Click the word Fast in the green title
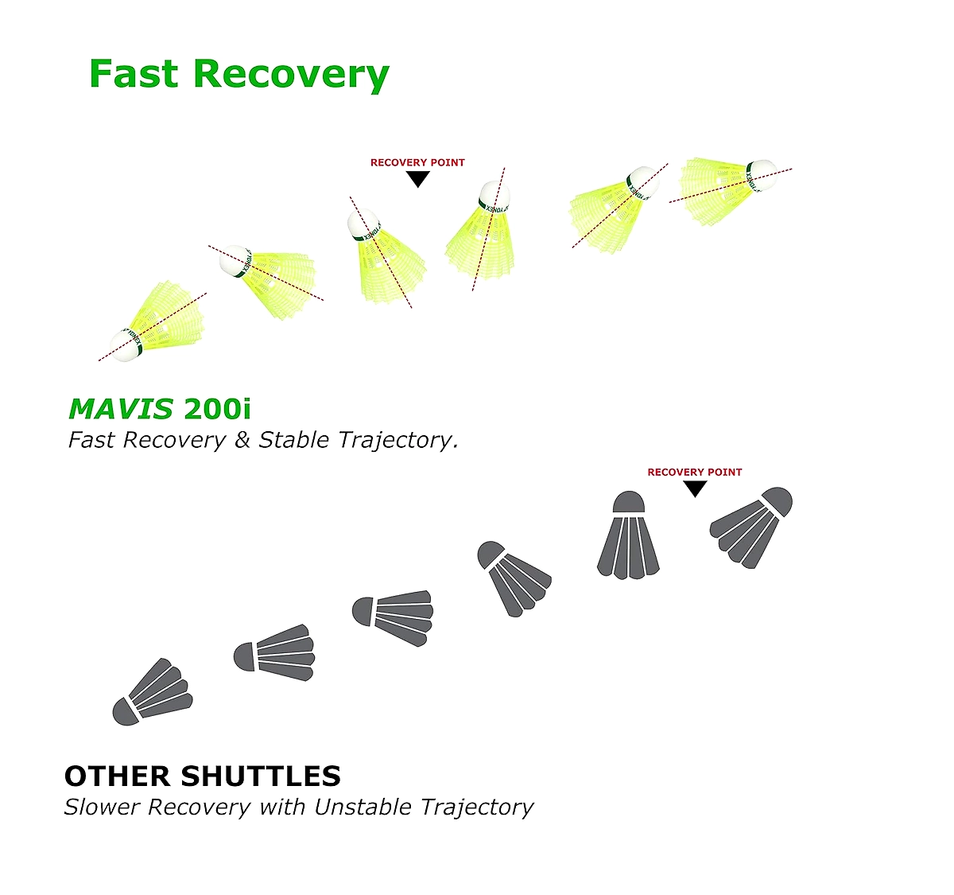click(134, 73)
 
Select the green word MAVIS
click(121, 409)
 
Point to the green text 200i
click(217, 409)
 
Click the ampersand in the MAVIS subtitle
click(242, 440)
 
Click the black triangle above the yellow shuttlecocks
click(417, 179)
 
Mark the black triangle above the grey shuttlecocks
click(695, 489)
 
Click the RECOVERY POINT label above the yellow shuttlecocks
click(417, 162)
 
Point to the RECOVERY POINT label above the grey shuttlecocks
click(695, 473)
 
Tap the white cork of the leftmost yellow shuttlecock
click(126, 344)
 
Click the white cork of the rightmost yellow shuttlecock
click(762, 175)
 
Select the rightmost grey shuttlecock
click(750, 527)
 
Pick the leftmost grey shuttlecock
click(153, 692)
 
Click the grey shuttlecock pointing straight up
click(628, 535)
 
